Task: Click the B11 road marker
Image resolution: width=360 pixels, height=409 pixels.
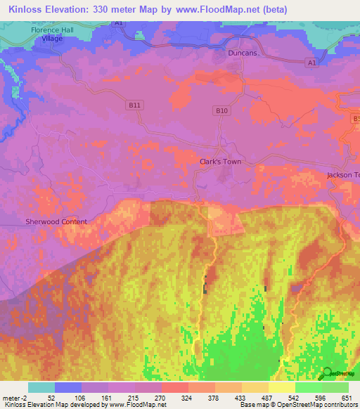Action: pyautogui.click(x=136, y=105)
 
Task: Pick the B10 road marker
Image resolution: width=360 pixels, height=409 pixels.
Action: pyautogui.click(x=222, y=110)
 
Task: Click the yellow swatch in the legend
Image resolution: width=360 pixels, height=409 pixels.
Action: pyautogui.click(x=281, y=387)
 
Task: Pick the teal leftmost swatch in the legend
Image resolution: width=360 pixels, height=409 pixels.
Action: pyautogui.click(x=41, y=387)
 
